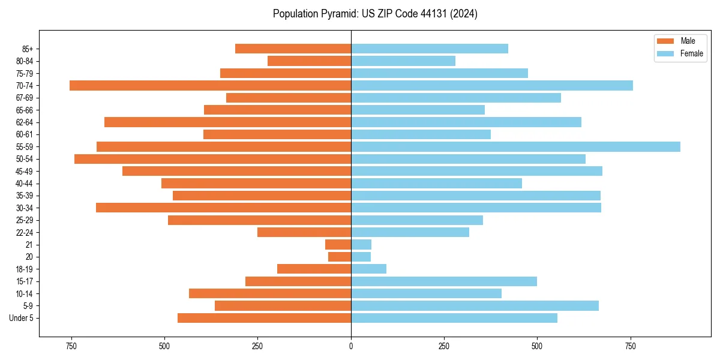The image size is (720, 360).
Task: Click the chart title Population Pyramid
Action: (375, 14)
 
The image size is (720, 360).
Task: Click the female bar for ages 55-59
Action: (515, 147)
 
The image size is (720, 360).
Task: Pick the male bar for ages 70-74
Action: (210, 86)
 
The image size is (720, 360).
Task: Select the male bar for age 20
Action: (340, 257)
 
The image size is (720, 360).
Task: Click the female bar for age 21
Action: (361, 245)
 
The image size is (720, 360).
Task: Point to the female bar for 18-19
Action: (368, 269)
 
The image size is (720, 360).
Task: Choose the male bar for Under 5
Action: (264, 318)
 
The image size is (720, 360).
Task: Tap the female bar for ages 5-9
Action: (475, 306)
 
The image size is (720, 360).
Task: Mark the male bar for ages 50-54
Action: (212, 159)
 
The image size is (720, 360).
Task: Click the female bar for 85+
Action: (430, 49)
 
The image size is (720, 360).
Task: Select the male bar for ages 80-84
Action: (309, 61)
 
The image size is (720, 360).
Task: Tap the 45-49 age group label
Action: (25, 172)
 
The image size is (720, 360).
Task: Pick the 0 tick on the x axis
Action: (351, 346)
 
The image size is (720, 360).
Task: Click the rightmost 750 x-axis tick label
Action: (630, 346)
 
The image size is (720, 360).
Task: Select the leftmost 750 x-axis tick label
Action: (71, 346)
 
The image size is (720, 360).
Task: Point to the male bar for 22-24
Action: (304, 232)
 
